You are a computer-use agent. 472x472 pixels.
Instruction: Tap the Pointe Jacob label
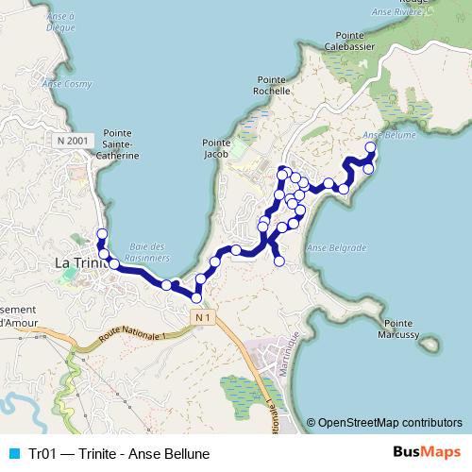pyautogui.click(x=217, y=149)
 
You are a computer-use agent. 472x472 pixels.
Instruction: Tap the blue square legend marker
pyautogui.click(x=12, y=453)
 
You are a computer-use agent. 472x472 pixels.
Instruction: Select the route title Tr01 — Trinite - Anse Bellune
pyautogui.click(x=118, y=453)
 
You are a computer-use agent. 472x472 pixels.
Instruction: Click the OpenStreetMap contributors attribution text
pyautogui.click(x=390, y=423)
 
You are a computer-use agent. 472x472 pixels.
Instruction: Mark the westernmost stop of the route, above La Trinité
pyautogui.click(x=102, y=234)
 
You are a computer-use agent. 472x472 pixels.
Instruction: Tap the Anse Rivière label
pyautogui.click(x=433, y=13)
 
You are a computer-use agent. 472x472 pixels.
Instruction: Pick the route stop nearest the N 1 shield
pyautogui.click(x=196, y=297)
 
